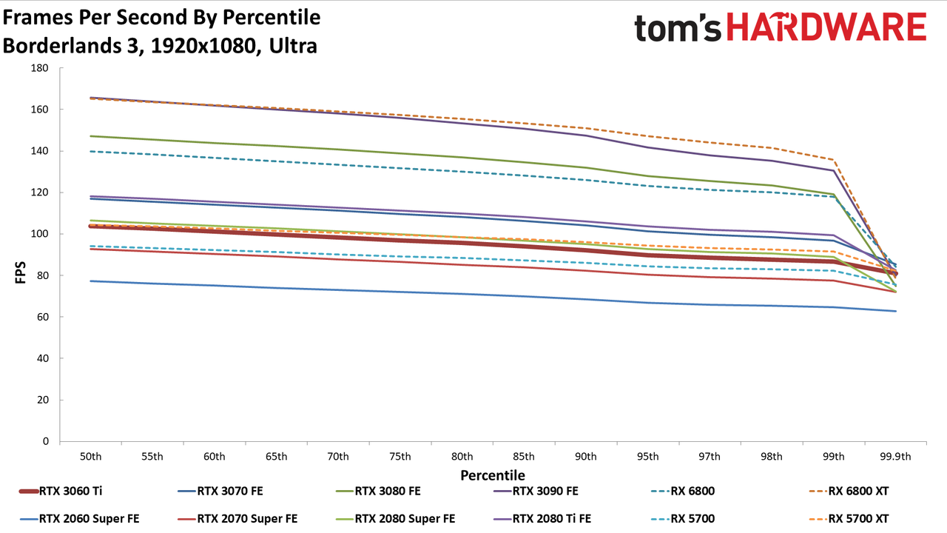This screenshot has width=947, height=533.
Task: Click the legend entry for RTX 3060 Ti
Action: coord(61,491)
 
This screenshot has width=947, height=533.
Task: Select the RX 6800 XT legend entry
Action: coord(849,491)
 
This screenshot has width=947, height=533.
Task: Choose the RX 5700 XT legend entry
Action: coord(849,519)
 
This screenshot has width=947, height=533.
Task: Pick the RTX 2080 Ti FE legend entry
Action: coord(542,519)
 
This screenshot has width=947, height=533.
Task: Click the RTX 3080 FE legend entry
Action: coord(378,491)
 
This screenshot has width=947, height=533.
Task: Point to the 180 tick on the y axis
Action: coord(40,68)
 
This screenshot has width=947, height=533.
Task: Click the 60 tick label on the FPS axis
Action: coord(43,317)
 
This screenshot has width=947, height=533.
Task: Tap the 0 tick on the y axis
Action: coord(46,441)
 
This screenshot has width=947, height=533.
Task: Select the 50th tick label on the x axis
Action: coord(90,457)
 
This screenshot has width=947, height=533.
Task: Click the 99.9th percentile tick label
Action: coord(895,457)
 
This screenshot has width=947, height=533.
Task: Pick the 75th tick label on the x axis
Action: coord(400,457)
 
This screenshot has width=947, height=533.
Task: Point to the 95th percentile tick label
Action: coord(647,457)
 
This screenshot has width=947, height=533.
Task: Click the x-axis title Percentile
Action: coord(493,475)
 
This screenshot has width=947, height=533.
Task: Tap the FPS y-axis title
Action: coord(20,272)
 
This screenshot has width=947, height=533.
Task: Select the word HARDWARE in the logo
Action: coord(826,27)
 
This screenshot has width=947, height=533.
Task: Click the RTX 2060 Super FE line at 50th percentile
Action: coord(90,281)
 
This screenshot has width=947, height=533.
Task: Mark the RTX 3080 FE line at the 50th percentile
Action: coord(90,136)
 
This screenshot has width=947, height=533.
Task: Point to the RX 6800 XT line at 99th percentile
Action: coord(833,159)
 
